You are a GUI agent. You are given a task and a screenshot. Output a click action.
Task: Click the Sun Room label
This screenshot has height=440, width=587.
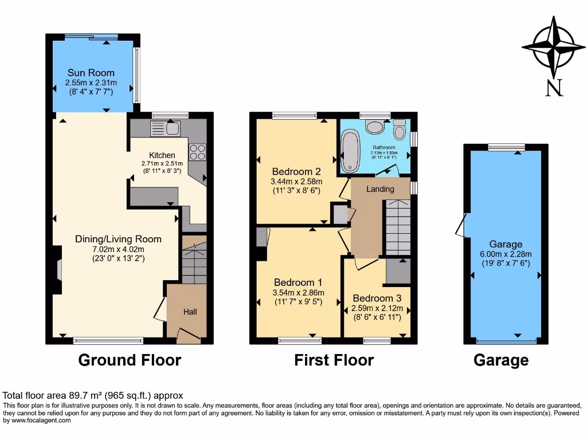coord(91,73)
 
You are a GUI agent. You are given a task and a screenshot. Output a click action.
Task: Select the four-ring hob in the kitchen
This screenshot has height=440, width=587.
coord(197,152)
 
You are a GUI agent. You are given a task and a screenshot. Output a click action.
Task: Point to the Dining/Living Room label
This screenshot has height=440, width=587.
coord(118,239)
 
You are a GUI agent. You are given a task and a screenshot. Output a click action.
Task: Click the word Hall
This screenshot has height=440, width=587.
coord(190,312)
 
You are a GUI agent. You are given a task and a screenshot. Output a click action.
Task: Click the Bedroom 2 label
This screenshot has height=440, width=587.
coord(296,171)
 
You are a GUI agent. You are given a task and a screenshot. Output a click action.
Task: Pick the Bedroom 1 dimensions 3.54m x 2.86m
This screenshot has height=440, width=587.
coord(297,292)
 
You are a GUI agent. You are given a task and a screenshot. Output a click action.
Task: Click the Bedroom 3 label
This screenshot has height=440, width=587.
coord(377,298)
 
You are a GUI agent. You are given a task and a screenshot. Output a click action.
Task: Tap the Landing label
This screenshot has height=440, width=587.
coord(380,189)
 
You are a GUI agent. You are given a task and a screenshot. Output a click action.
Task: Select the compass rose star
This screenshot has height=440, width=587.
coord(553,47)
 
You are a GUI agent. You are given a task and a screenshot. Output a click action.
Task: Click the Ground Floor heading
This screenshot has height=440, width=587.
coord(130,360)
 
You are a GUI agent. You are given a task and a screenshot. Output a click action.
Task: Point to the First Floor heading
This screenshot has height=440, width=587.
coord(334,360)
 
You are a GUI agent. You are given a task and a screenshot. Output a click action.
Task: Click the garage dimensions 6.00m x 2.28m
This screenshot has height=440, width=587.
coord(506,254)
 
